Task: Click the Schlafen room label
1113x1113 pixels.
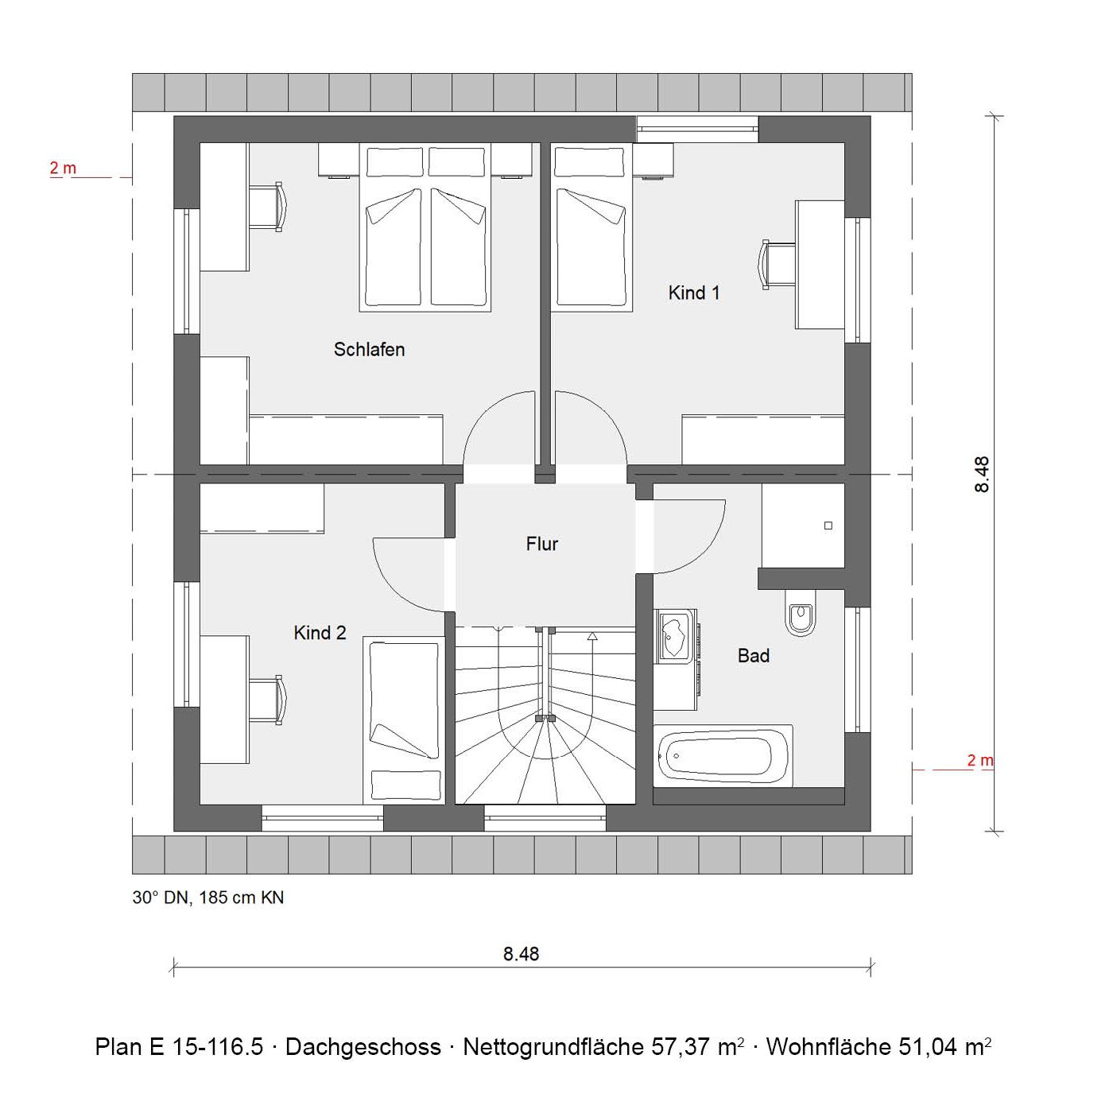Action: pos(369,350)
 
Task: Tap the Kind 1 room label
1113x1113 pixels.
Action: pos(694,293)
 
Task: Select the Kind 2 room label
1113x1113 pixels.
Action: pos(320,633)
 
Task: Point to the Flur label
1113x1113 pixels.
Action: pos(541,544)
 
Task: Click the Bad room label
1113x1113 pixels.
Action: pos(754,656)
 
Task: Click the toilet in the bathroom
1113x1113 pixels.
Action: pos(801,612)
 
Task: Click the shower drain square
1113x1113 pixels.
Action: pos(828,525)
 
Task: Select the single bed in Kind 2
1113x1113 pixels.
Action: pos(404,719)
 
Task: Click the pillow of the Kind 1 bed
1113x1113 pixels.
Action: pos(590,162)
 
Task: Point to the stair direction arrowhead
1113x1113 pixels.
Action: pos(592,636)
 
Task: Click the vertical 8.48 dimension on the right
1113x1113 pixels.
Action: pos(982,474)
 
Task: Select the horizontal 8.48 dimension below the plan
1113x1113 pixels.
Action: pos(521,953)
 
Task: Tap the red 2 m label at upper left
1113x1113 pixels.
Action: pos(62,168)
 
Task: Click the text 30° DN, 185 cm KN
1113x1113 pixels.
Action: pos(208,898)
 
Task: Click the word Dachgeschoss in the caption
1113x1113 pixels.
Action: pos(363,1046)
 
